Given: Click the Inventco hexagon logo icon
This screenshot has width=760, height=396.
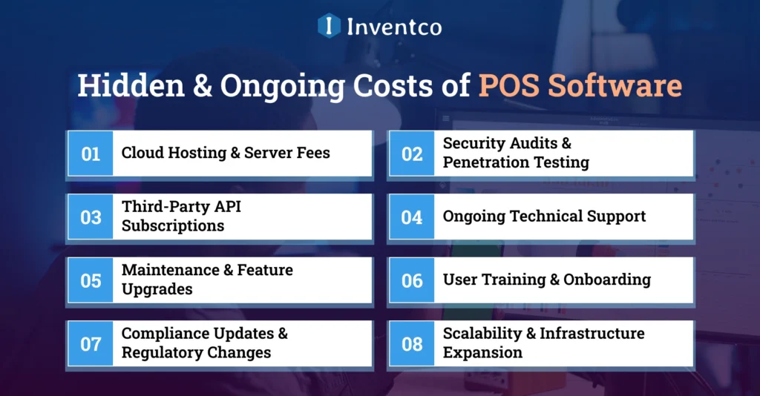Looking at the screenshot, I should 329,26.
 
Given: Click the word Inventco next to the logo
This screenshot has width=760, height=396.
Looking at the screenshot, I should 393,27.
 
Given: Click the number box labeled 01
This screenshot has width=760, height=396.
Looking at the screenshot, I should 91,154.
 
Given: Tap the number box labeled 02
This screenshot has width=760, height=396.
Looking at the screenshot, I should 412,154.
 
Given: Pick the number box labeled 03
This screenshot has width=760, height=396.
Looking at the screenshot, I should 91,217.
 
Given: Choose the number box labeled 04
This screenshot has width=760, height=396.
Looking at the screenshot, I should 412,217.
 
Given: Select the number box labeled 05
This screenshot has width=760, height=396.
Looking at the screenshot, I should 91,280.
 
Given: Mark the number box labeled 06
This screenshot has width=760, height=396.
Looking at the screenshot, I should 412,280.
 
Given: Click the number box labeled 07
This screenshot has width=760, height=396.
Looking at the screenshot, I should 91,344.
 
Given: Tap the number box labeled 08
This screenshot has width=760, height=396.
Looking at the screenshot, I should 412,344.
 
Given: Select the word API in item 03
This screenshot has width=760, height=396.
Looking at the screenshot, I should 226,208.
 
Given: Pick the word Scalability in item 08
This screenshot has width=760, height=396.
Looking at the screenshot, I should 482,334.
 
